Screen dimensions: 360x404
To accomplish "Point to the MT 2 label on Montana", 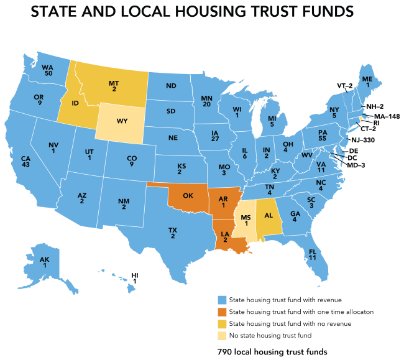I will [114, 86].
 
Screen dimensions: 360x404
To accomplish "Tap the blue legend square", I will [221, 300].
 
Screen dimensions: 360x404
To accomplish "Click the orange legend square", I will [221, 311].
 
